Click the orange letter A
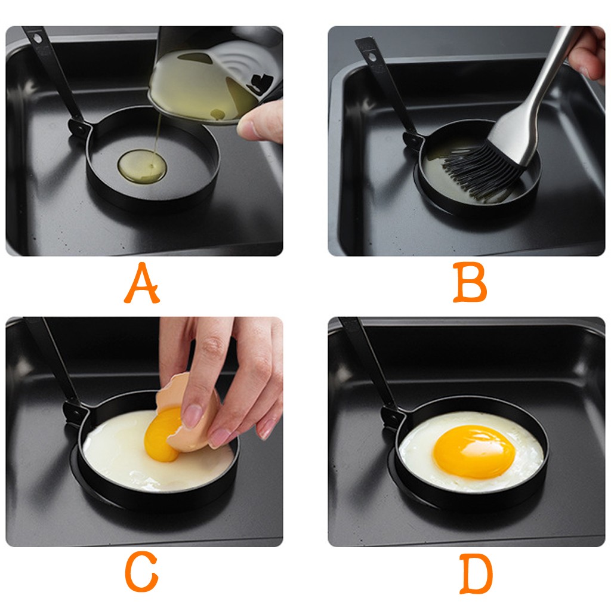coord(141,283)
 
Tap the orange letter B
coord(470,282)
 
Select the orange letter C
coord(141,573)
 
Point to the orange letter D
coord(476,573)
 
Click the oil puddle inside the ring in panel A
coord(142,166)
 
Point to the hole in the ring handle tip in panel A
coord(38,38)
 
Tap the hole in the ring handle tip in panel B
coord(373,57)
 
